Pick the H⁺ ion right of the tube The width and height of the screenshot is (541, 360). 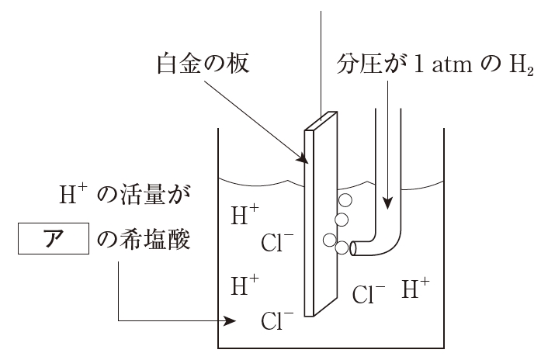416,290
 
